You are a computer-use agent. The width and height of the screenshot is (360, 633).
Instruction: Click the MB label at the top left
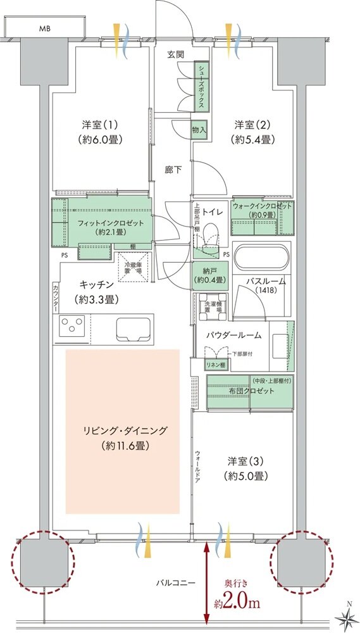coord(45,28)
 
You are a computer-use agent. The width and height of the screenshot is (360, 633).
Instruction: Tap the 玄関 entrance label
coord(175,55)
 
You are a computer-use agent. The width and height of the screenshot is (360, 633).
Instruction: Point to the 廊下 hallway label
coord(173,170)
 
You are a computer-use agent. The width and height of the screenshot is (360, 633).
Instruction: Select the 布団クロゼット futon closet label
coord(251,391)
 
